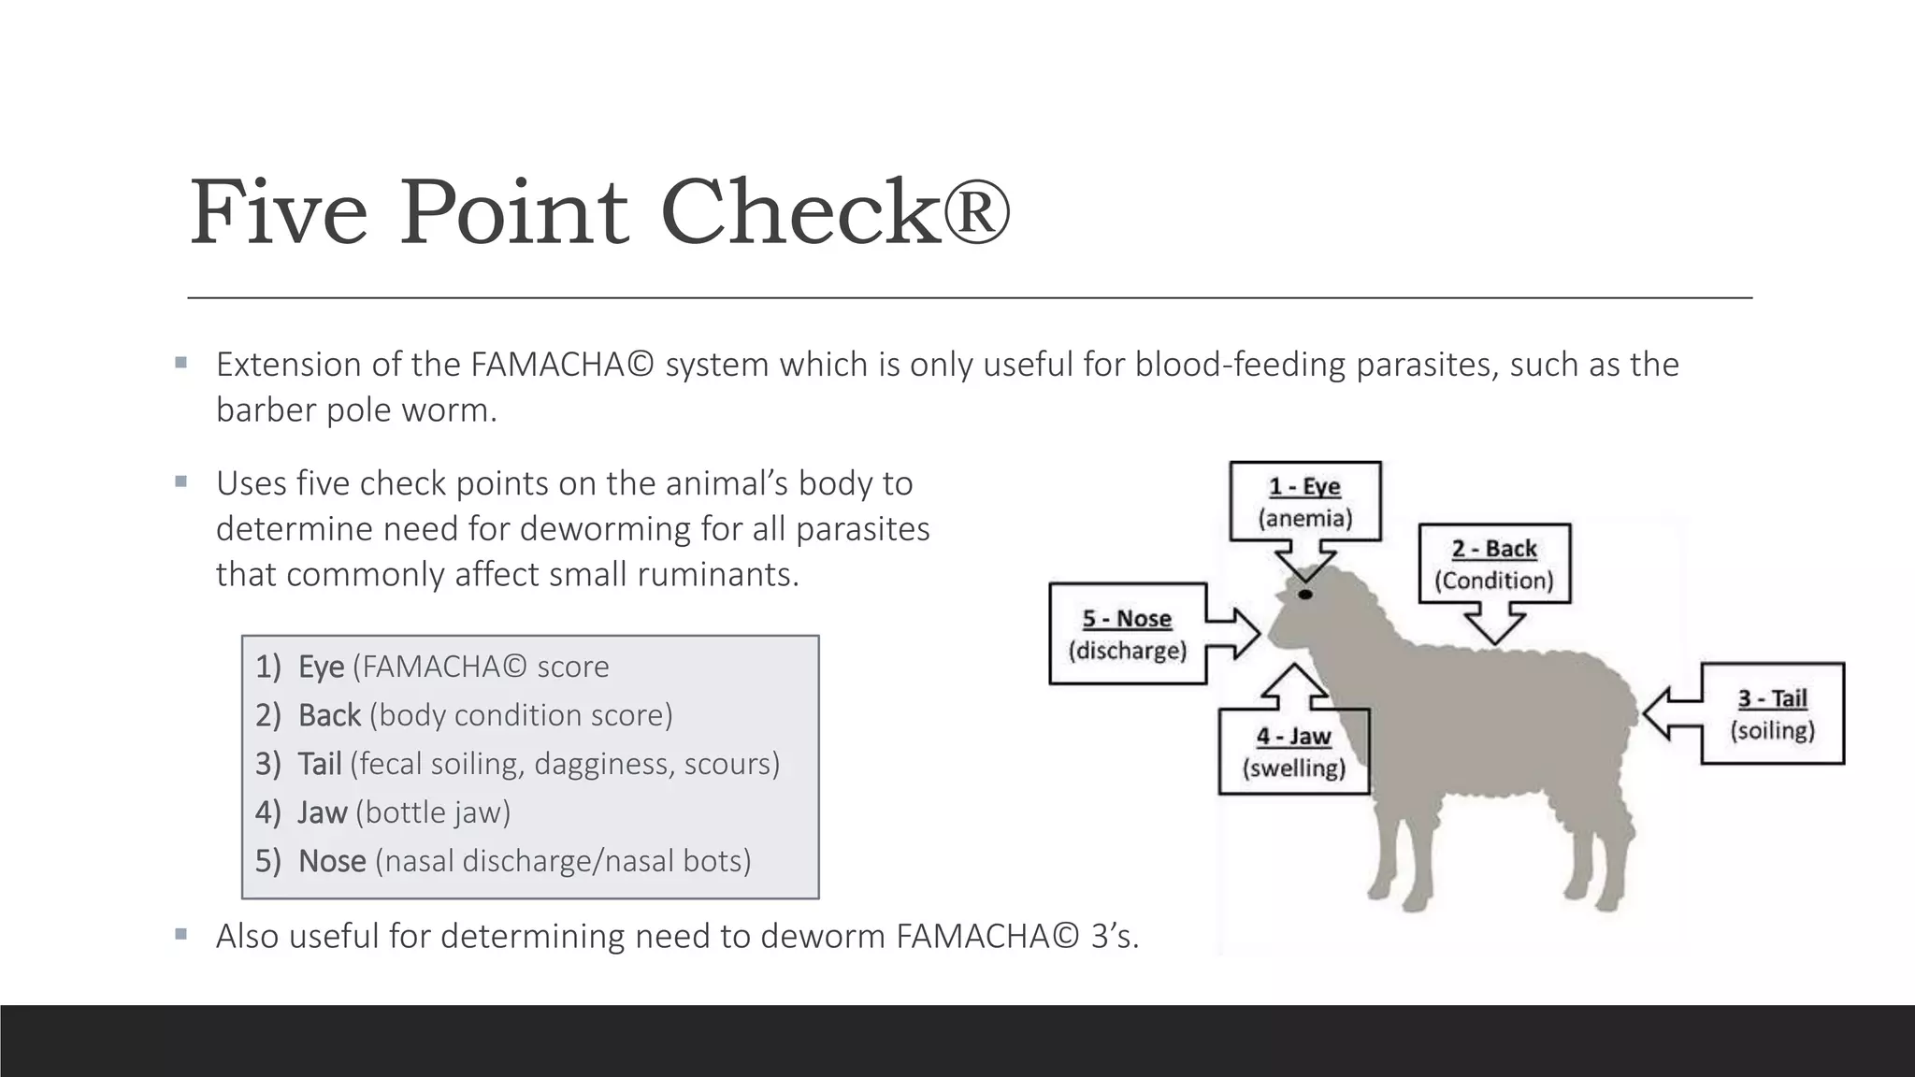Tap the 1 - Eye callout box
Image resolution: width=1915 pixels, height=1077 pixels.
tap(1304, 502)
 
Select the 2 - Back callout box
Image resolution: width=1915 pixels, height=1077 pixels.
tap(1493, 564)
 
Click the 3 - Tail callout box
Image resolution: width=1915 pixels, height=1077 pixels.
tap(1772, 713)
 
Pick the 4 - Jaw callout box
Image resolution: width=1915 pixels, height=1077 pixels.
tap(1293, 752)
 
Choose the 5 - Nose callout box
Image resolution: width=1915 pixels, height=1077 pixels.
tap(1127, 634)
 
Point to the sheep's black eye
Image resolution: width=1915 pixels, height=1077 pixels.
tap(1305, 595)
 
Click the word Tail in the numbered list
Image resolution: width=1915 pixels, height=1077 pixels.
tap(319, 764)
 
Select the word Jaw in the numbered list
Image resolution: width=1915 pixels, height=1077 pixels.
tap(322, 812)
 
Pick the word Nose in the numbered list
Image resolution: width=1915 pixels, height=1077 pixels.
tap(331, 861)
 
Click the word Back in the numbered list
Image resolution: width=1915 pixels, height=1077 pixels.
tap(329, 715)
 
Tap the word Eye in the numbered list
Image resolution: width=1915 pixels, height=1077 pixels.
tap(321, 667)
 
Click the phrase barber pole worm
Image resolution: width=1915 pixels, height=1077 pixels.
tap(355, 410)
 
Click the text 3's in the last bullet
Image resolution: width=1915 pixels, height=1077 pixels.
tap(1114, 936)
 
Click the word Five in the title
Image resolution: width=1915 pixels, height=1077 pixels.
tap(279, 213)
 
